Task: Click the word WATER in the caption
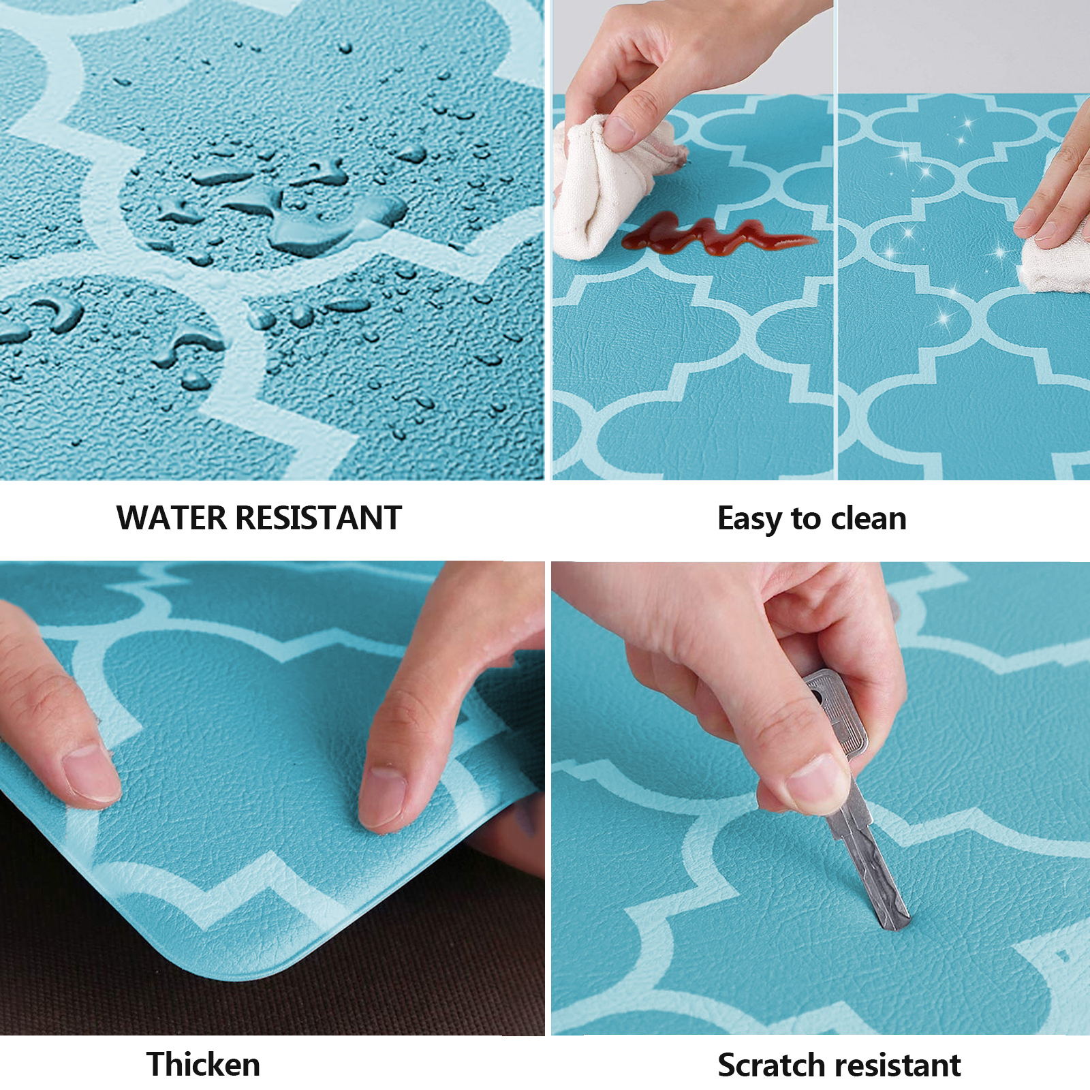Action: [x=171, y=518]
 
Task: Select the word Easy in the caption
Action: [x=751, y=520]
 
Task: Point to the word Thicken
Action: [x=203, y=1064]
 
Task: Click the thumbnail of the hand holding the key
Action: [x=817, y=783]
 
